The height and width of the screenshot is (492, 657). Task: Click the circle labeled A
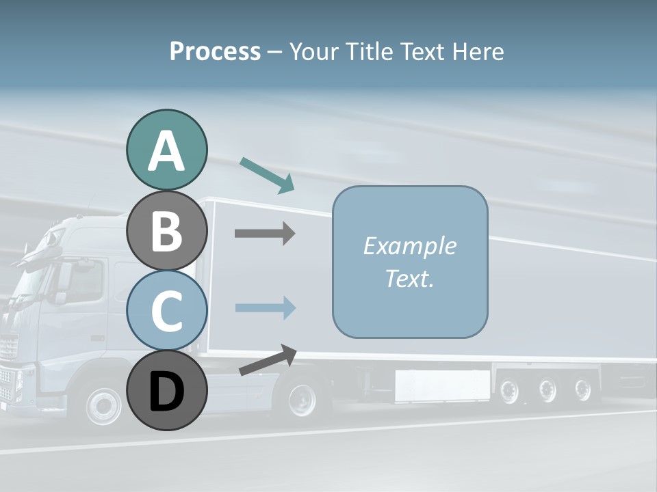166,150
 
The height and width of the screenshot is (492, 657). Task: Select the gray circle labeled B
166,230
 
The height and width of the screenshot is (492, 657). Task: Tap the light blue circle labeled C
166,310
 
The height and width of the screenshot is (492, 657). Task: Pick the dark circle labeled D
166,390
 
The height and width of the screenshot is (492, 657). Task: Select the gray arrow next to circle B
265,234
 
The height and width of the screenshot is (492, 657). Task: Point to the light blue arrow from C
265,307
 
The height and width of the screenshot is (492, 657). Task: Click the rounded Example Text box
410,262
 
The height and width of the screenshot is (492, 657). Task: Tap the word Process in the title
215,52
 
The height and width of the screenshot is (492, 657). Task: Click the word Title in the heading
369,52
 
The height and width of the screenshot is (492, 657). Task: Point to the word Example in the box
409,246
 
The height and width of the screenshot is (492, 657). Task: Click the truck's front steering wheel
104,405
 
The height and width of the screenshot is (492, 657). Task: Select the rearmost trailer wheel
582,390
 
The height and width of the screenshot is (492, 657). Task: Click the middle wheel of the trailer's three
547,390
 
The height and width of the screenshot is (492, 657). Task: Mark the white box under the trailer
442,385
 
